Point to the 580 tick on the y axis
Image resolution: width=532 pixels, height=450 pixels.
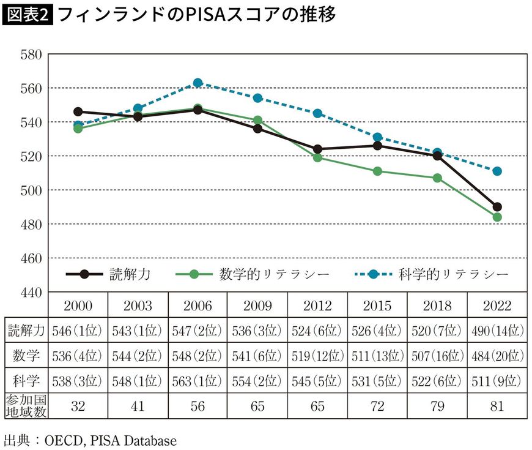coord(30,54)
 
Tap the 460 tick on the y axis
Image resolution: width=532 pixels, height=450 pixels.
coord(30,258)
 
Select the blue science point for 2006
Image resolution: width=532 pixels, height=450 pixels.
coord(198,83)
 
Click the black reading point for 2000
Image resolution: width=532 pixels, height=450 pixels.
coord(78,112)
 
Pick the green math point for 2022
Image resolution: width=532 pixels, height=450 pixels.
coord(497,217)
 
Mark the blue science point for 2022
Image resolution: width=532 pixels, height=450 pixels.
coord(497,171)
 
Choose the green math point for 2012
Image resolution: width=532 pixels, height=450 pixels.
coord(317,157)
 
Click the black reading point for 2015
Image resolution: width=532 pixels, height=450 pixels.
coord(377,146)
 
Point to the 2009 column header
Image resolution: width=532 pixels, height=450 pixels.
coord(257,306)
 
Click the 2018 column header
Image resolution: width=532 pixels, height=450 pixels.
coord(437,306)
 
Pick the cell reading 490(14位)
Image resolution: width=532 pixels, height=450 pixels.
coord(497,331)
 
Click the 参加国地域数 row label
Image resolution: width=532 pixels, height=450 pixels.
coord(26,405)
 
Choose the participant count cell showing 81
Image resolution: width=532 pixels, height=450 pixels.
coord(497,405)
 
